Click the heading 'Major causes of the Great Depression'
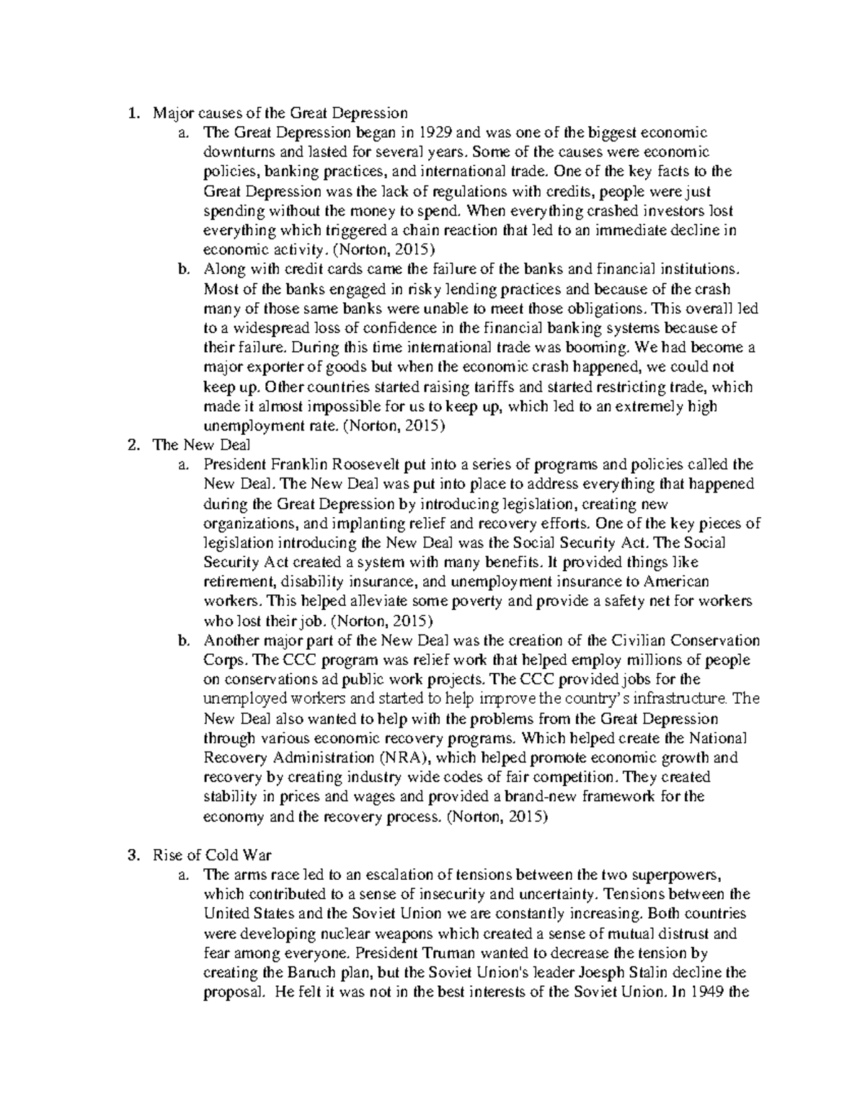tap(280, 113)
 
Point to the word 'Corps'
tap(224, 660)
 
